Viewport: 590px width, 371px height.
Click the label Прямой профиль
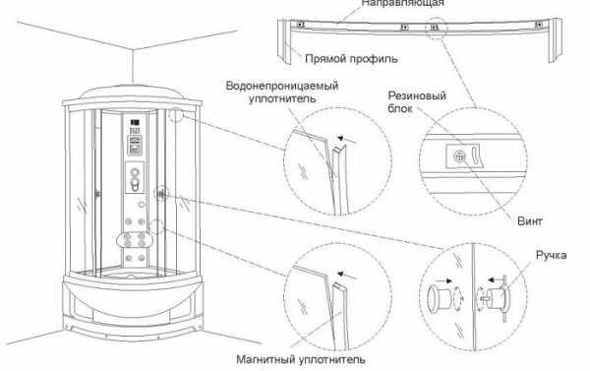point(351,59)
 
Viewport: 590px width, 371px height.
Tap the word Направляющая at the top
point(402,3)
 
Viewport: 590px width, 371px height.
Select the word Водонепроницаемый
point(282,86)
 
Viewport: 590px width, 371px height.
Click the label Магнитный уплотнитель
point(301,359)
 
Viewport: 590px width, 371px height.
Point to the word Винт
point(530,221)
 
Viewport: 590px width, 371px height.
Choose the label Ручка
point(552,255)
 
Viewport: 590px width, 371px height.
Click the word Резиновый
point(417,95)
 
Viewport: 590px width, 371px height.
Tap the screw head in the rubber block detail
point(459,155)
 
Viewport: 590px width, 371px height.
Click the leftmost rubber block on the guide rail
point(300,24)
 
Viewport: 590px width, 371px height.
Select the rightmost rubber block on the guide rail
point(539,24)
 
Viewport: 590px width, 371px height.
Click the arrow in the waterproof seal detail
point(346,140)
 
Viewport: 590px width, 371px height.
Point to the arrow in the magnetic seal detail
point(346,276)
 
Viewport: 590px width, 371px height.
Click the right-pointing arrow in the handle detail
point(443,281)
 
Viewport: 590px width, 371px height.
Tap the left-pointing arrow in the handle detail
point(497,279)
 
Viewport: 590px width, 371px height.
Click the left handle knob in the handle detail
point(439,299)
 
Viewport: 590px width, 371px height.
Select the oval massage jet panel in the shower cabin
point(135,240)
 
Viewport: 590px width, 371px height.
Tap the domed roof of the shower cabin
point(132,93)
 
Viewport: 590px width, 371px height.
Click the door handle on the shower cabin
point(161,194)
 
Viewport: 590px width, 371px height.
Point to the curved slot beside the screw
point(475,155)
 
